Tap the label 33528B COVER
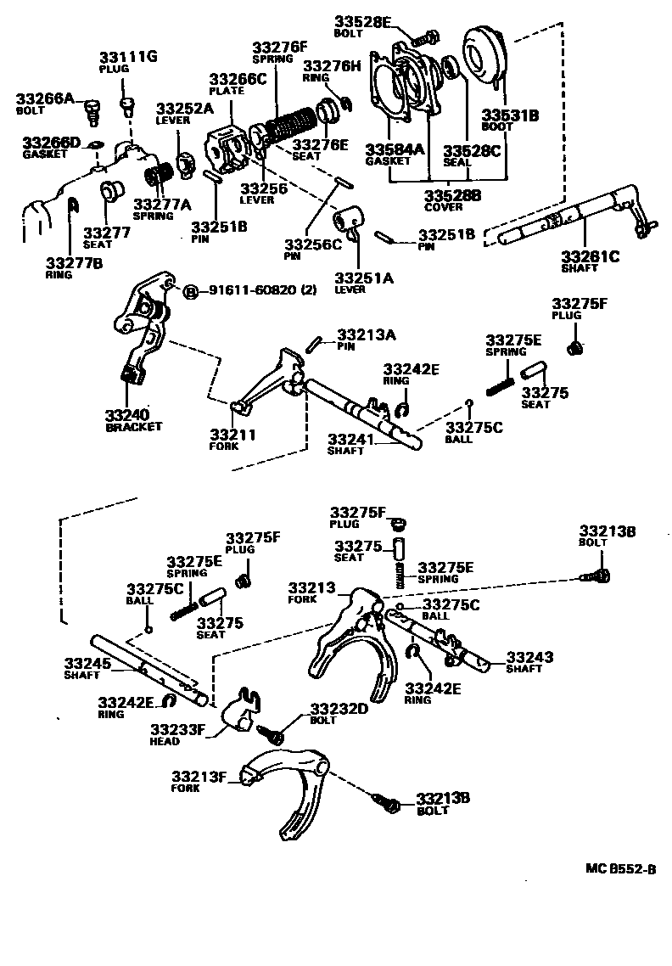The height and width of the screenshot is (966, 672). tap(453, 199)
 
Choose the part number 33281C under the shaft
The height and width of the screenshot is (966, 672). tap(591, 256)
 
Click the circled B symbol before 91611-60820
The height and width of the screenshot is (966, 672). tap(191, 290)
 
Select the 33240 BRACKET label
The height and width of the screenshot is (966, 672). tap(133, 418)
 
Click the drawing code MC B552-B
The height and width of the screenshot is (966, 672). tap(620, 868)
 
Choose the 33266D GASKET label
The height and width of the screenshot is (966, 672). tap(52, 146)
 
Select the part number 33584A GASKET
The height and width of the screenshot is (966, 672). tap(394, 154)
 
